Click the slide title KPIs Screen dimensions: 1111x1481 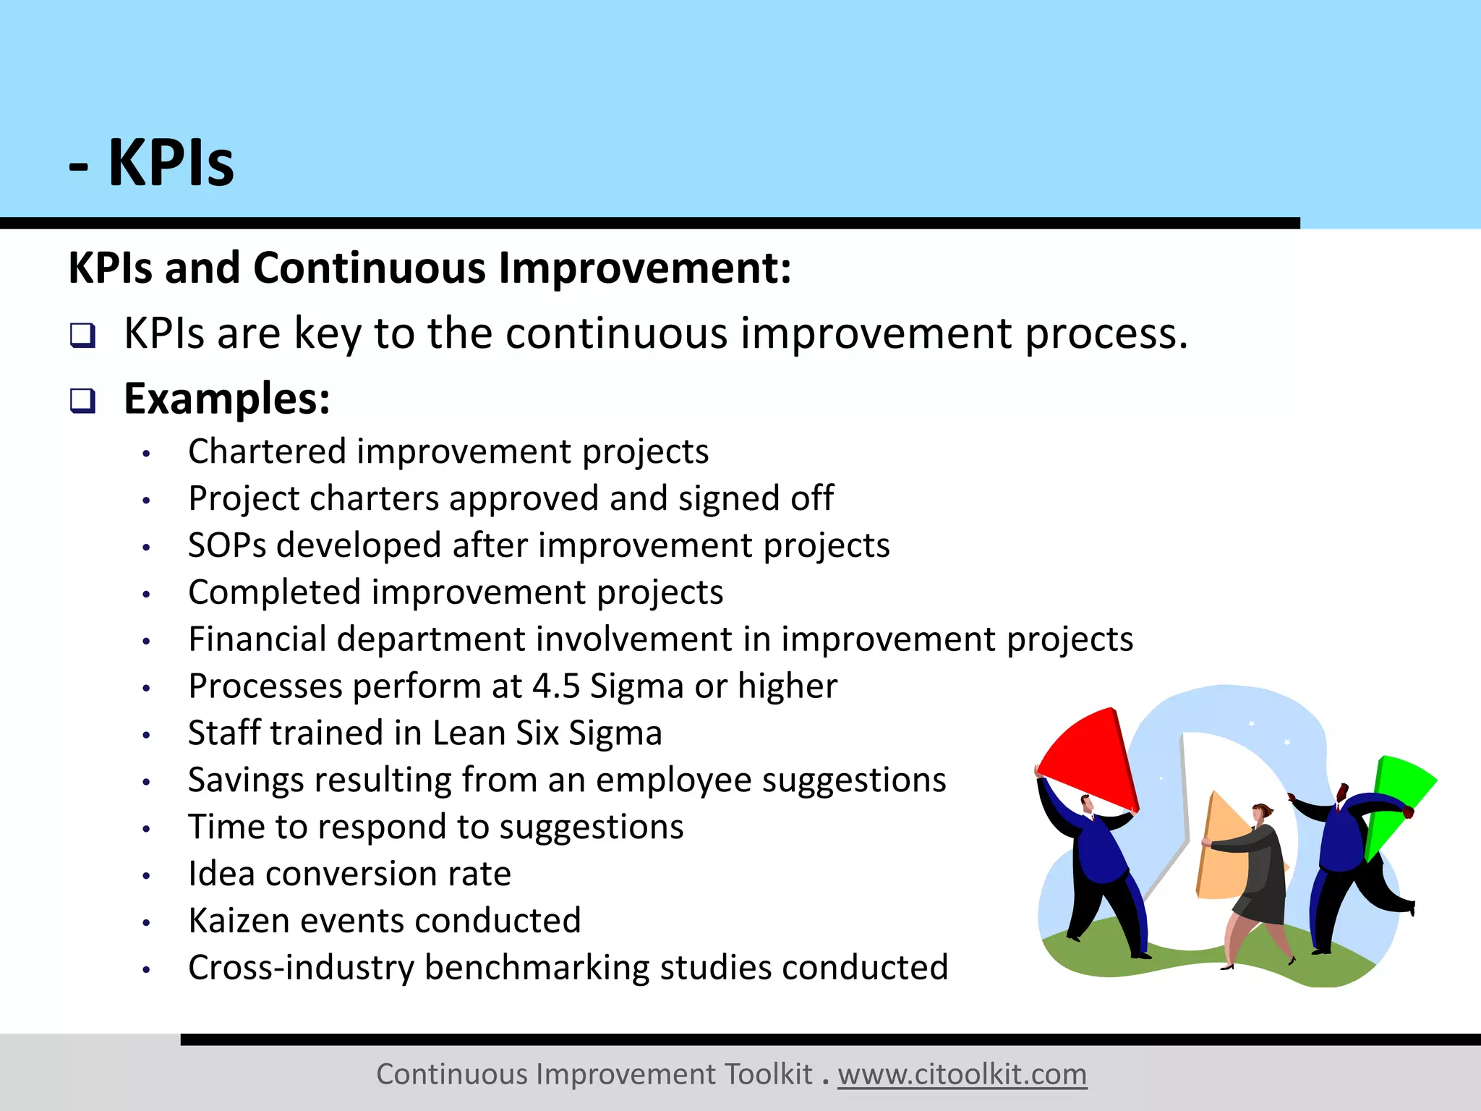click(171, 163)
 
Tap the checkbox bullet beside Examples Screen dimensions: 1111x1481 click(82, 400)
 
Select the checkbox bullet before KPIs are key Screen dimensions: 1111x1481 click(82, 335)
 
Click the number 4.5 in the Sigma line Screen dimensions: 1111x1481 click(555, 686)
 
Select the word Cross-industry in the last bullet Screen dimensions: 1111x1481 click(301, 968)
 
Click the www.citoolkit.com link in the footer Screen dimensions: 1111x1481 click(962, 1075)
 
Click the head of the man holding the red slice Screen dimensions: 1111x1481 click(1087, 804)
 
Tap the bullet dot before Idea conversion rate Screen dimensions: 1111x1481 click(146, 876)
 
